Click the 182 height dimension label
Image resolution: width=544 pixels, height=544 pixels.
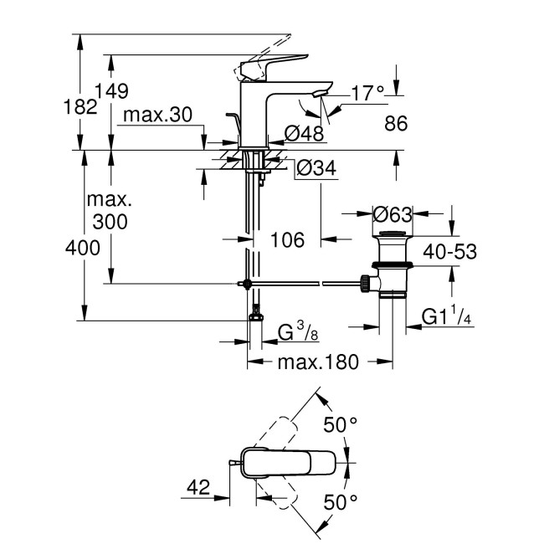85,108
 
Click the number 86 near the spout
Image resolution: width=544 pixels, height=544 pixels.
396,123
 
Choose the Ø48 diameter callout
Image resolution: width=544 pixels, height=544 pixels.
304,132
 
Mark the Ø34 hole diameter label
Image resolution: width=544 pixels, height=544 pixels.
317,169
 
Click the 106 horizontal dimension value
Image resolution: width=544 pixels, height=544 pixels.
290,240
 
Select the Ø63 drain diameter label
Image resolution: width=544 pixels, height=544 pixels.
392,213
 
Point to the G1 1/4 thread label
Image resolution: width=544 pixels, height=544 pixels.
446,316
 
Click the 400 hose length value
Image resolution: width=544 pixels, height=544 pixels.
85,248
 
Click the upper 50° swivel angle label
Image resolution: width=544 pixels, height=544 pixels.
341,425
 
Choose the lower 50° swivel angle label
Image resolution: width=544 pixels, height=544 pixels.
341,501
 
